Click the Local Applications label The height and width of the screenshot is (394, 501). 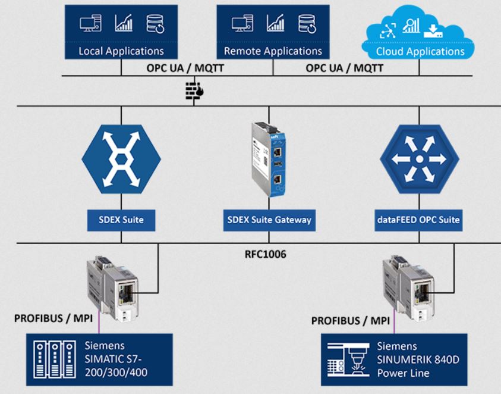click(121, 51)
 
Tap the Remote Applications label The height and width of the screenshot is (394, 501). click(273, 51)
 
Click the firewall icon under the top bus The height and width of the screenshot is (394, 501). click(194, 91)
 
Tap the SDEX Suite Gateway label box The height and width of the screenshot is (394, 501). click(269, 220)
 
